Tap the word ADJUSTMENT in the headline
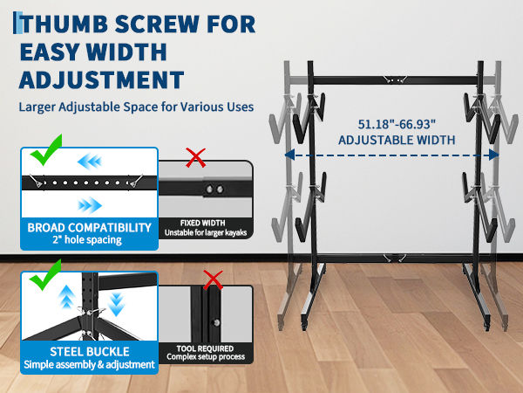point(102,79)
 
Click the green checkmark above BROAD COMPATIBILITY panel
point(46,150)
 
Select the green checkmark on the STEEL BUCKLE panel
point(45,275)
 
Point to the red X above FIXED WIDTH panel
point(195,158)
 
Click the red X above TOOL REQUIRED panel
point(213,280)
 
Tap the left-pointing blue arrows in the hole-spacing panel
point(90,162)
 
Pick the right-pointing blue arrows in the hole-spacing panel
point(90,205)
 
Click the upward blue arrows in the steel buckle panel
point(67,297)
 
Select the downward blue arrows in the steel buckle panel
point(116,305)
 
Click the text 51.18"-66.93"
point(397,124)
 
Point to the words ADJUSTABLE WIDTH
point(397,140)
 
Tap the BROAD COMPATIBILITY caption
point(90,228)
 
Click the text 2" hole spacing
point(87,239)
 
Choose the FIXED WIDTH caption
point(203,223)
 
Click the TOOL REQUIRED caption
point(205,348)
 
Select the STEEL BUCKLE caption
point(90,352)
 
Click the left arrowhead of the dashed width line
point(289,155)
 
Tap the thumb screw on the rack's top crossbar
point(395,79)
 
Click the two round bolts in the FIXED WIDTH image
point(214,190)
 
